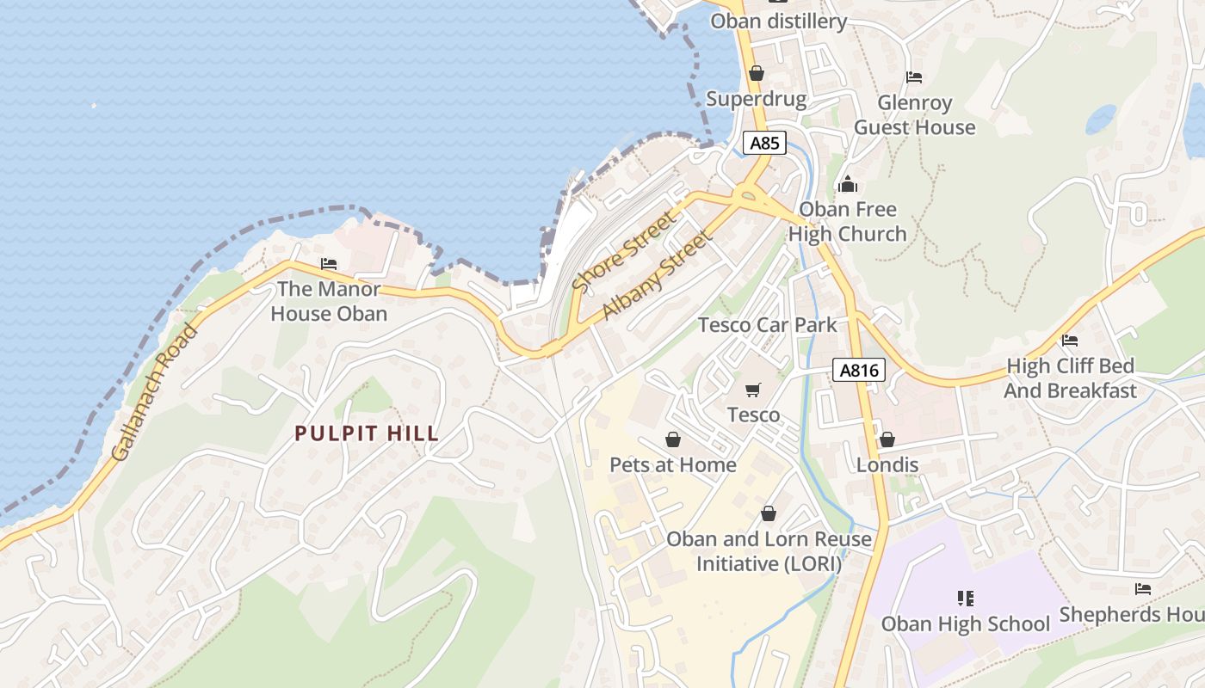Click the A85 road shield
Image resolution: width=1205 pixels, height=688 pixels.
pyautogui.click(x=764, y=143)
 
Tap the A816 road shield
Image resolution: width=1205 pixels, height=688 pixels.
pyautogui.click(x=859, y=371)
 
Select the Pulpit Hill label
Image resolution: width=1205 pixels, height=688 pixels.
pyautogui.click(x=368, y=433)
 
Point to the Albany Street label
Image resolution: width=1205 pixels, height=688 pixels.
pyautogui.click(x=658, y=275)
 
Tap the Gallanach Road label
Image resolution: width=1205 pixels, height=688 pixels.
pyautogui.click(x=154, y=391)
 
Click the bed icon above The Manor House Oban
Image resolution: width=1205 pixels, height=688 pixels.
pyautogui.click(x=329, y=264)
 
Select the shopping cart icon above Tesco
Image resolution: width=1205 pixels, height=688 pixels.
pyautogui.click(x=753, y=390)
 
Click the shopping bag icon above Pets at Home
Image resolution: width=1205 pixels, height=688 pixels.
pyautogui.click(x=673, y=439)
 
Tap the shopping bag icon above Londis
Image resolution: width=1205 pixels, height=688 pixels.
pyautogui.click(x=887, y=439)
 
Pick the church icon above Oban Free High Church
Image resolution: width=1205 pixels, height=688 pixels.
pyautogui.click(x=848, y=184)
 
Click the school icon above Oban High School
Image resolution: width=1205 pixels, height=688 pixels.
pyautogui.click(x=965, y=598)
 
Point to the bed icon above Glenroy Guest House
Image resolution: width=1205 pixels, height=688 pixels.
pyautogui.click(x=914, y=77)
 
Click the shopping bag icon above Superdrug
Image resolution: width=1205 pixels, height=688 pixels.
pyautogui.click(x=757, y=74)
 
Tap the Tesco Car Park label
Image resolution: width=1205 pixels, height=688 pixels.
pyautogui.click(x=767, y=325)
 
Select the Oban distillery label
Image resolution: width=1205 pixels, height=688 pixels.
pyautogui.click(x=778, y=21)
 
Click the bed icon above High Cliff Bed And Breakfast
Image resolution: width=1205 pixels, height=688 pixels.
pyautogui.click(x=1070, y=341)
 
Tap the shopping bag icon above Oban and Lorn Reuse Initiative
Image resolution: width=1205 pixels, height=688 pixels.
pyautogui.click(x=769, y=513)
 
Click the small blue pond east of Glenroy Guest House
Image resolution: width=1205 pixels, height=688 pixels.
pyautogui.click(x=1101, y=119)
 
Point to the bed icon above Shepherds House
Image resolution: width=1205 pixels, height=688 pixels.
pyautogui.click(x=1143, y=589)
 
